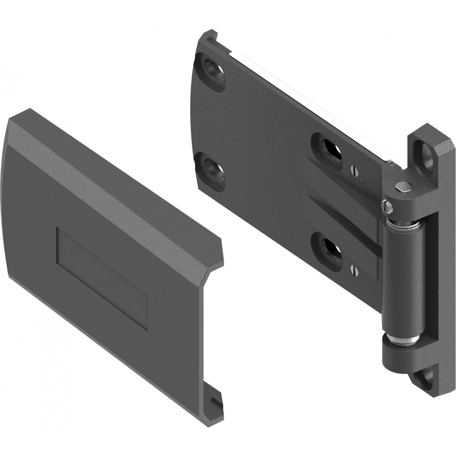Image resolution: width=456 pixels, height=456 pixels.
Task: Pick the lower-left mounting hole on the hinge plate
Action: pyautogui.click(x=211, y=168)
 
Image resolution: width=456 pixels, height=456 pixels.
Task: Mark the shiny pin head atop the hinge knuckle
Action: pyautogui.click(x=403, y=186)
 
